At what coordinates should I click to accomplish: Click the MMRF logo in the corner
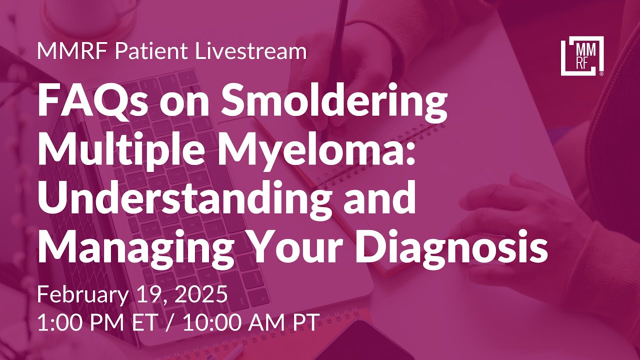click(582, 55)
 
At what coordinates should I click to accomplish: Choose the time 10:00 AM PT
click(250, 322)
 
